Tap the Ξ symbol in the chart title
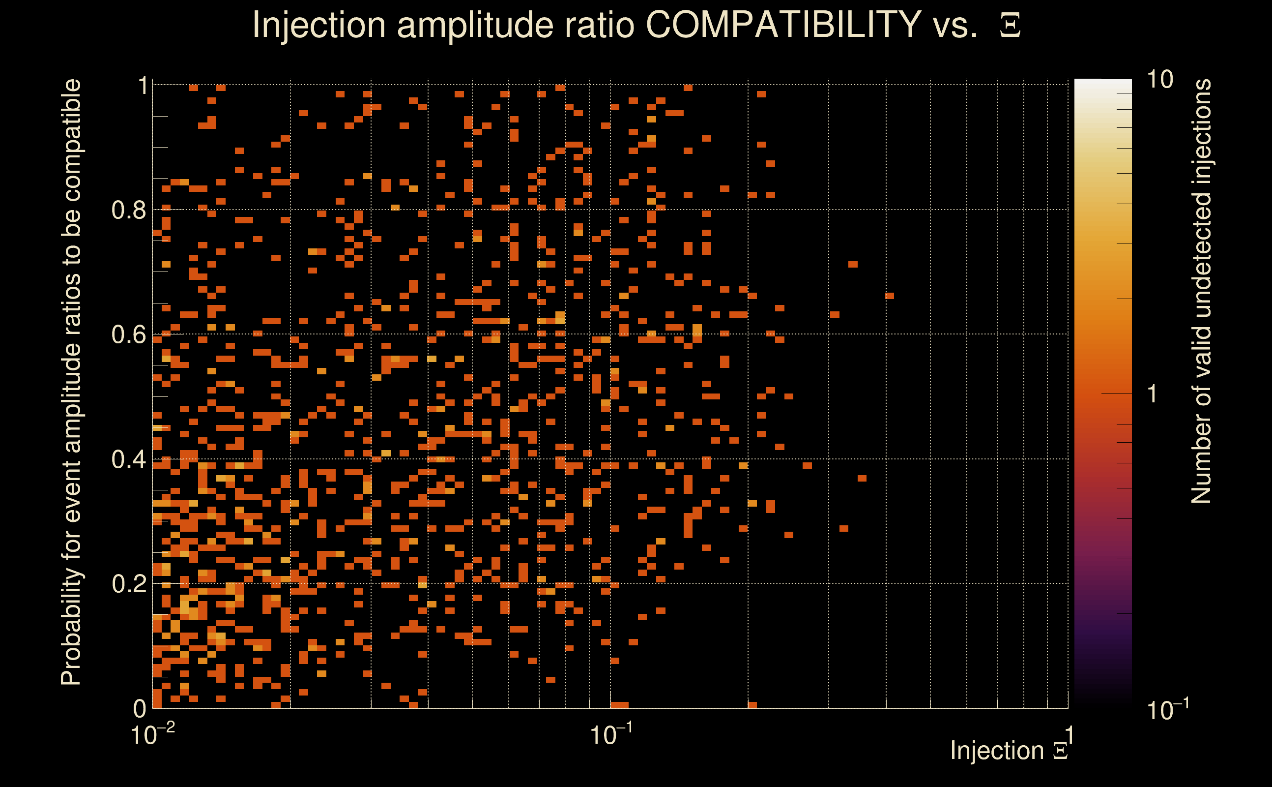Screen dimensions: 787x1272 [1010, 26]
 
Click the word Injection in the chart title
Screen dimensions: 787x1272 [319, 26]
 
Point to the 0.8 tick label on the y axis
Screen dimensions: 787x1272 [128, 211]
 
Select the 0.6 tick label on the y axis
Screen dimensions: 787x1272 [128, 334]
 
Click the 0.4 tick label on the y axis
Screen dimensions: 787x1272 [128, 459]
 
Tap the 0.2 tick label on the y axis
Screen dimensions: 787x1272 [128, 584]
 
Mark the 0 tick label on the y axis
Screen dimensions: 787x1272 [140, 708]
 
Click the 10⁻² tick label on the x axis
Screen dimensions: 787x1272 [152, 734]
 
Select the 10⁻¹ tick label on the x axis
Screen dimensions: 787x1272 [611, 734]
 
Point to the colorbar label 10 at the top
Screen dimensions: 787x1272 [1159, 80]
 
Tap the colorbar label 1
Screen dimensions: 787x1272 [1153, 394]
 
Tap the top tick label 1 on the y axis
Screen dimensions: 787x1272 [143, 86]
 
